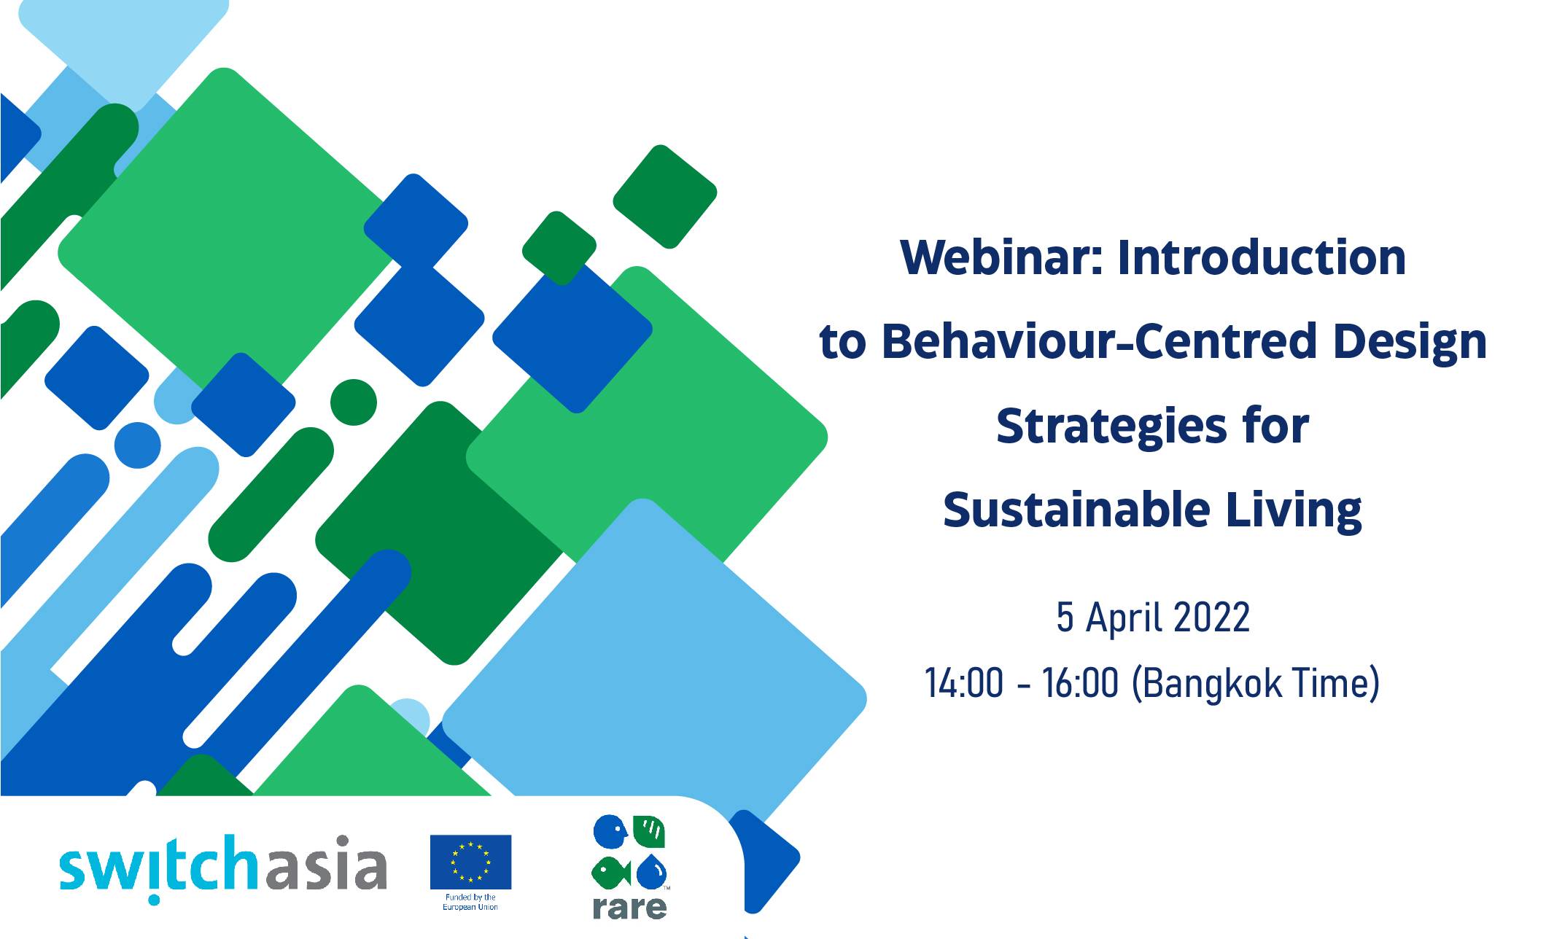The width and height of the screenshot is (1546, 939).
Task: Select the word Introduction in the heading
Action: pyautogui.click(x=1262, y=257)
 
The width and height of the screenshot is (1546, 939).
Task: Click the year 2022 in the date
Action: pyautogui.click(x=1211, y=617)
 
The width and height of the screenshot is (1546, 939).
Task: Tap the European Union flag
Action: pyautogui.click(x=470, y=862)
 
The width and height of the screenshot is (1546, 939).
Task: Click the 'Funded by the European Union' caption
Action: pyautogui.click(x=470, y=902)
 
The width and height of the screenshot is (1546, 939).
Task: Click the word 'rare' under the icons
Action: pyautogui.click(x=629, y=906)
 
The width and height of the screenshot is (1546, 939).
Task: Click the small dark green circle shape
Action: pyautogui.click(x=354, y=402)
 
